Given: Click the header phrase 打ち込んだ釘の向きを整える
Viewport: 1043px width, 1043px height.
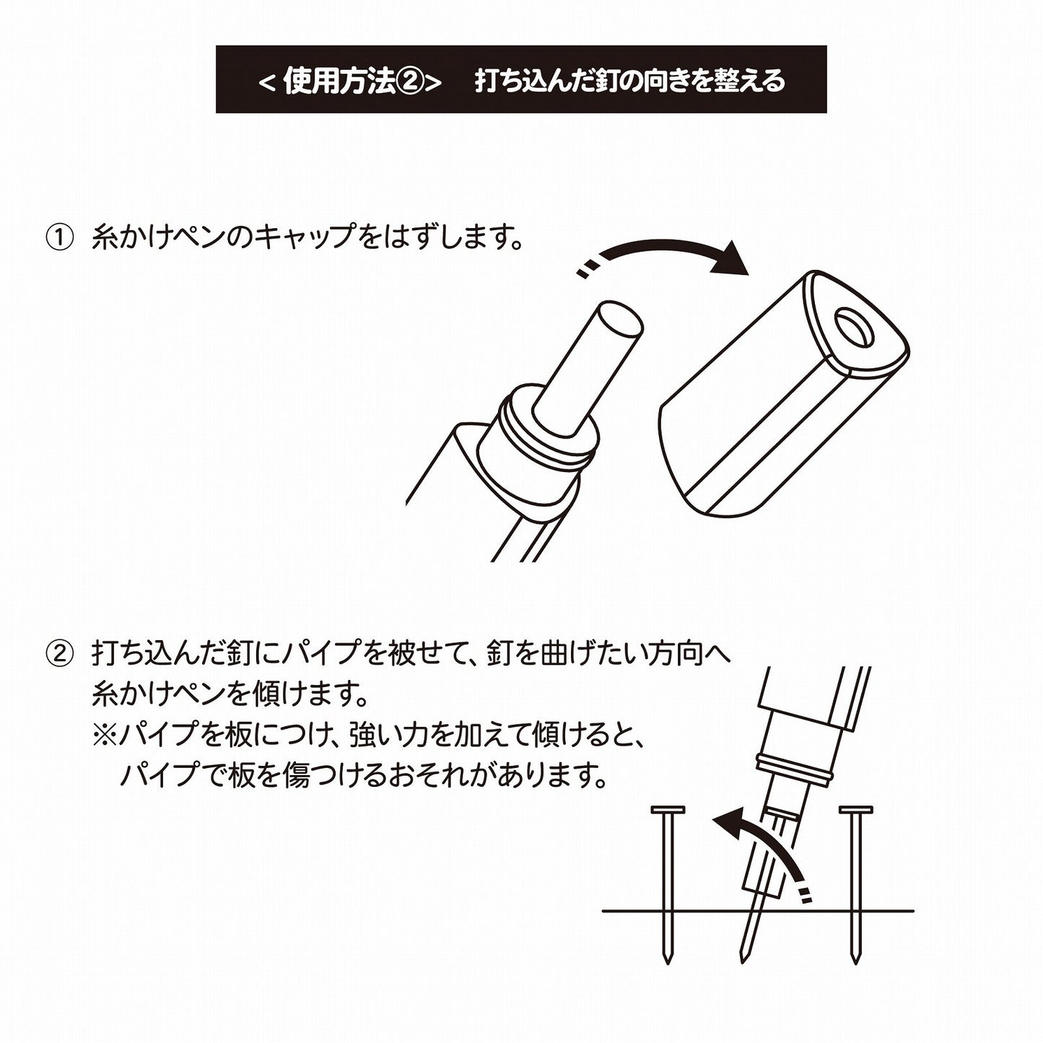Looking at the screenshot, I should pyautogui.click(x=629, y=81).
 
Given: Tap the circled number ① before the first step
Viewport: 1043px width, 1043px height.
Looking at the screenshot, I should pyautogui.click(x=60, y=238).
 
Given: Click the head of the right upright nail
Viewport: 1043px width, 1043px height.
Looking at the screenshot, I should pyautogui.click(x=856, y=811).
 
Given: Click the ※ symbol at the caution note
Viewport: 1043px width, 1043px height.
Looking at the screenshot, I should pyautogui.click(x=104, y=737).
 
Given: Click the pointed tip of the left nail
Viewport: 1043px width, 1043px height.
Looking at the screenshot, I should pyautogui.click(x=667, y=960).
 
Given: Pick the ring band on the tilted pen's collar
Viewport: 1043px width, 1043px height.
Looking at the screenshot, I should pyautogui.click(x=793, y=767).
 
